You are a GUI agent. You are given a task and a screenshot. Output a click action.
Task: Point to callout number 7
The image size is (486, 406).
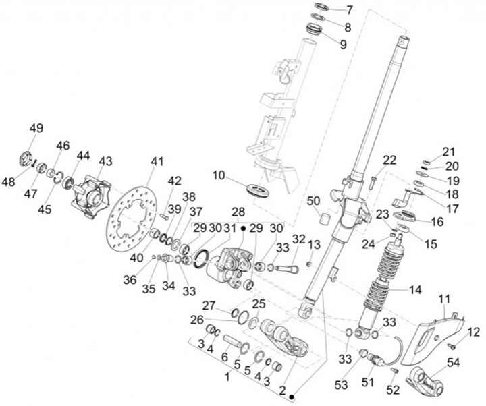[x=349, y=10]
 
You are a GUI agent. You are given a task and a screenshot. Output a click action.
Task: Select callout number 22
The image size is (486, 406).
[x=389, y=160]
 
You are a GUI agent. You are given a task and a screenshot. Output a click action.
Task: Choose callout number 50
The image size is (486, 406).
[x=313, y=201]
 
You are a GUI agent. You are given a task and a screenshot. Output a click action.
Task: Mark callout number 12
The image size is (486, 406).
[x=474, y=332]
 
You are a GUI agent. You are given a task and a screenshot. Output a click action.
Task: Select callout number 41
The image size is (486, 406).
[x=157, y=161]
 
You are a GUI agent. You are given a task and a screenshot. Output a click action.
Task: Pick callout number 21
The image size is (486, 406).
[x=449, y=151]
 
